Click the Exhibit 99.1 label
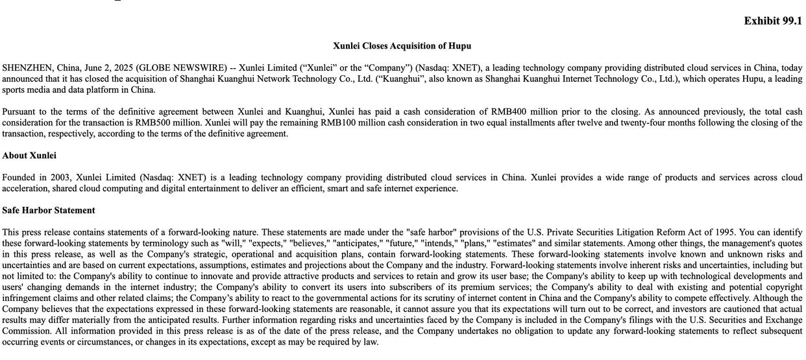click(772, 21)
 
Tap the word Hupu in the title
click(458, 46)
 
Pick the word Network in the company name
click(275, 79)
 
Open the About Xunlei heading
click(29, 156)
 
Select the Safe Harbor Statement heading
click(49, 211)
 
